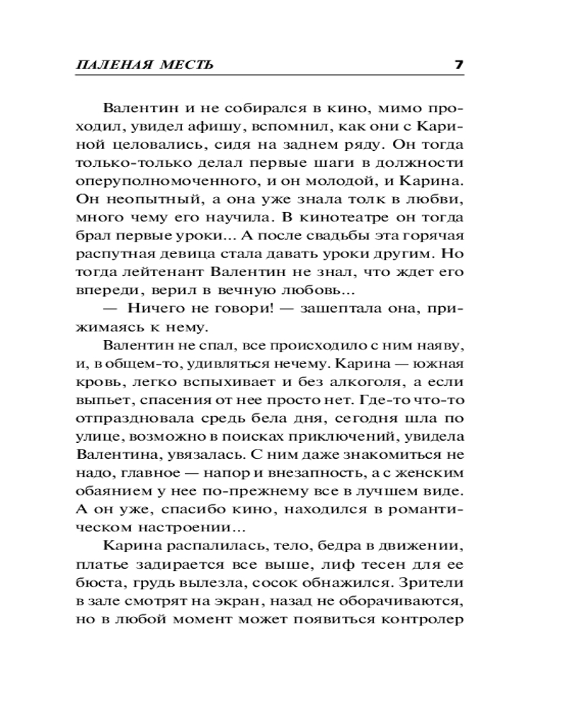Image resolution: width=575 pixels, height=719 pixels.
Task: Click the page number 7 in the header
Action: point(459,65)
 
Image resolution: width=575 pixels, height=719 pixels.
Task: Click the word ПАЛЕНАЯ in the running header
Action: point(106,65)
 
